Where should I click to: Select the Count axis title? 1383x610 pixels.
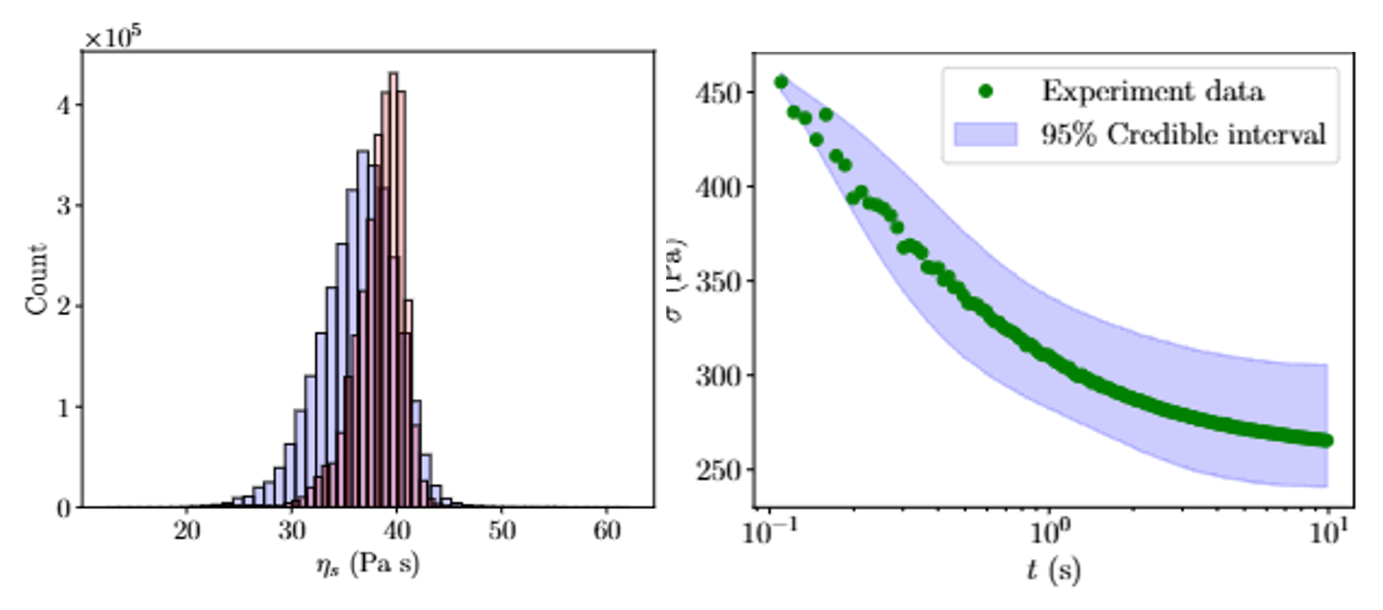click(x=36, y=279)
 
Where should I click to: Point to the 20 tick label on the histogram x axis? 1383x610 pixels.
click(x=187, y=531)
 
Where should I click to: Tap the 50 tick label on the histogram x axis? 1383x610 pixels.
click(x=501, y=531)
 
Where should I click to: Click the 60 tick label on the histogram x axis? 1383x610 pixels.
click(x=607, y=531)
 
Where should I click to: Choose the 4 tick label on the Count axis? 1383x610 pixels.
click(x=64, y=105)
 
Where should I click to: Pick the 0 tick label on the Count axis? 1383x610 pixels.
click(x=64, y=509)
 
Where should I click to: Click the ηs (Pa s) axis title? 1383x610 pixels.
click(x=367, y=564)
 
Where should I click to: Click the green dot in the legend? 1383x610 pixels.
click(x=985, y=91)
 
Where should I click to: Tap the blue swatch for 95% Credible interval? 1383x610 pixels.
click(x=985, y=134)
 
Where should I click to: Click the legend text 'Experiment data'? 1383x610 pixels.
click(x=1153, y=91)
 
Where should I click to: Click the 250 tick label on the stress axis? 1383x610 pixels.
click(x=718, y=470)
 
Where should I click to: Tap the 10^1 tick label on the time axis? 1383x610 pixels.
click(x=1329, y=533)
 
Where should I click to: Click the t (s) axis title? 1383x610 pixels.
click(x=1053, y=570)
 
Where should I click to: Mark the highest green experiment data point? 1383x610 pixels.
click(x=781, y=82)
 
